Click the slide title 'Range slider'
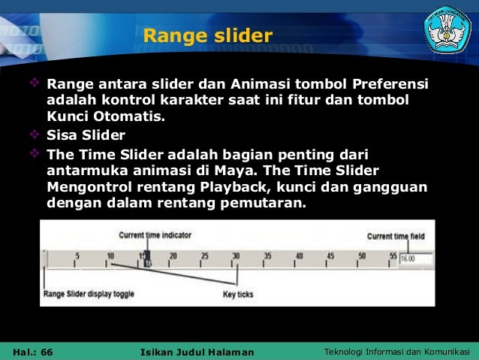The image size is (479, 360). tap(207, 35)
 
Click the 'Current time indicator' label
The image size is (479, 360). tap(155, 235)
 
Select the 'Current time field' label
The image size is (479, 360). tap(396, 236)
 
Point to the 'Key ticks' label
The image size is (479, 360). tap(239, 294)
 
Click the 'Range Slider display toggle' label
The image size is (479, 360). tap(89, 294)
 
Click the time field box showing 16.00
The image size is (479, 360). tap(416, 258)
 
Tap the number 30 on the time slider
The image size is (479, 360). tap(236, 256)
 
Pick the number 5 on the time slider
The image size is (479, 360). tap(77, 256)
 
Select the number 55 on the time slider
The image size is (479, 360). tap(392, 256)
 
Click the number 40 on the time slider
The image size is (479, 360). tap(299, 256)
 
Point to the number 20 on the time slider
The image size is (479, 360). tap(173, 256)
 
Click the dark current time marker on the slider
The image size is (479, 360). tap(147, 259)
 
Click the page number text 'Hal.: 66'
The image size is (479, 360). tap(33, 352)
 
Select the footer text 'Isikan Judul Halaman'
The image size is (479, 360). tap(197, 352)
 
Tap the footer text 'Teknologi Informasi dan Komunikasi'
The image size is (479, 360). tap(396, 352)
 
